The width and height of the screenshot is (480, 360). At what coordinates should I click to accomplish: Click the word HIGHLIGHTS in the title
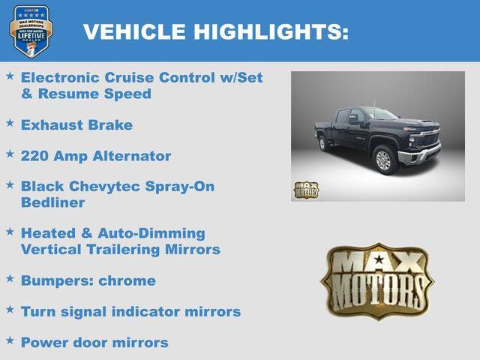click(271, 31)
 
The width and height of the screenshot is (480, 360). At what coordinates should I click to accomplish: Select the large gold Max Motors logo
click(377, 280)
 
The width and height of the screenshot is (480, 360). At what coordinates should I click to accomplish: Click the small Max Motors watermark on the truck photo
click(305, 190)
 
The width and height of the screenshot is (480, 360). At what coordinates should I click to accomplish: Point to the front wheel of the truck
click(383, 159)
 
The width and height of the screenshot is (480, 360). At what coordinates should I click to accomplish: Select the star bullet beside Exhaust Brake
click(10, 122)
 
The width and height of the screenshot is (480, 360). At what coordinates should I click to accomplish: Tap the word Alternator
click(134, 156)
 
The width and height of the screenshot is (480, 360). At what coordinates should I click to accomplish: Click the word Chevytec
click(103, 186)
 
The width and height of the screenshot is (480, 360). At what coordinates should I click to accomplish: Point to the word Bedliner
click(52, 202)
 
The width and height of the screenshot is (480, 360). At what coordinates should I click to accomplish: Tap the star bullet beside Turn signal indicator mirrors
click(10, 308)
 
